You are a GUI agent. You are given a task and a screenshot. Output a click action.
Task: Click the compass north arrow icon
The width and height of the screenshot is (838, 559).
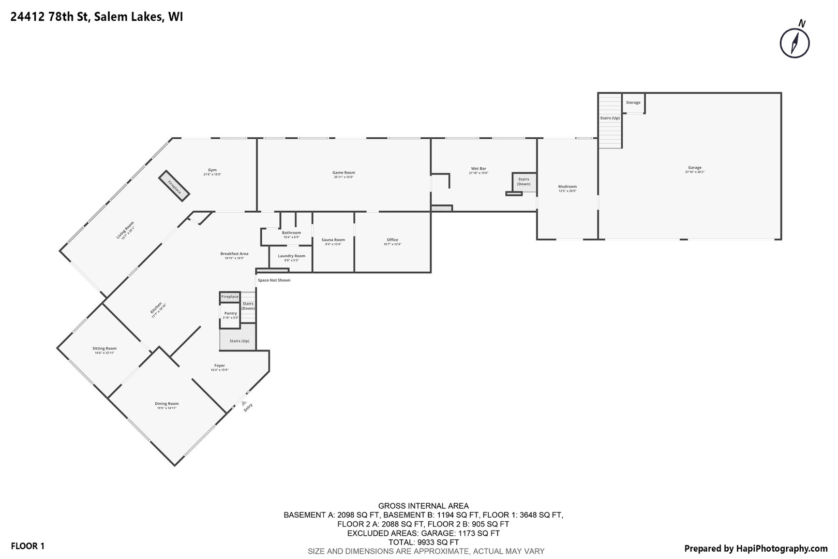pos(795,43)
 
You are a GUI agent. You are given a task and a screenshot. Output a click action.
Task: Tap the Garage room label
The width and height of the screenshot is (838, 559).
pos(695,168)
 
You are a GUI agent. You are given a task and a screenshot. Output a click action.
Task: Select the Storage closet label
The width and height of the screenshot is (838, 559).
pos(633,102)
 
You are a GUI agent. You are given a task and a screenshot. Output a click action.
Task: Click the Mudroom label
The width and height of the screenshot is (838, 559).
pos(567,186)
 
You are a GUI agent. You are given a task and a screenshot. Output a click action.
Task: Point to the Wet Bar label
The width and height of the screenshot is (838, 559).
pos(478,169)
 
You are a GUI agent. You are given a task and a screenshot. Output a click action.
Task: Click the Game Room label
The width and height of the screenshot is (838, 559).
pos(343,173)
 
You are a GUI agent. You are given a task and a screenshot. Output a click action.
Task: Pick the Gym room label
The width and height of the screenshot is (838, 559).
pos(212,170)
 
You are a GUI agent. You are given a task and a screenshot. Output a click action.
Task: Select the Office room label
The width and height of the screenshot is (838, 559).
pos(393,240)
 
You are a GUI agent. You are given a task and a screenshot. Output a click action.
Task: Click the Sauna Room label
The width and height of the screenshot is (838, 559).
pos(333,240)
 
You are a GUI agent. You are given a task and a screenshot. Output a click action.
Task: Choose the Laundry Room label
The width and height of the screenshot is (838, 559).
pos(291,256)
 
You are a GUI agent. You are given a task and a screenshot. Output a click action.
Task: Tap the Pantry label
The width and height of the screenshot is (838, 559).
pos(231,313)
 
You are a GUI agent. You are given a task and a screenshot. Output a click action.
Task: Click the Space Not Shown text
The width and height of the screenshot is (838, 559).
pos(274,280)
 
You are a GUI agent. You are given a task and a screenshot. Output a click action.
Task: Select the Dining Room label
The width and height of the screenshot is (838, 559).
pos(167,404)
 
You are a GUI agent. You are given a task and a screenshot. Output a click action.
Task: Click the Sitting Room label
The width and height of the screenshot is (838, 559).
pos(104,348)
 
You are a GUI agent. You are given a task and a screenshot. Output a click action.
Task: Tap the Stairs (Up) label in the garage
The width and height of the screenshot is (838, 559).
pos(610,118)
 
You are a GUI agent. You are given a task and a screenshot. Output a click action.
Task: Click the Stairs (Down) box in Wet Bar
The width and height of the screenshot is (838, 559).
pos(523,182)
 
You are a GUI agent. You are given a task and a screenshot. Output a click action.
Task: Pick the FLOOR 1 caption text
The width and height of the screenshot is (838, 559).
pos(28,546)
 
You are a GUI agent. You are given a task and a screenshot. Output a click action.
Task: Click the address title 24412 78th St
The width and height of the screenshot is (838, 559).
pos(96,17)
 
